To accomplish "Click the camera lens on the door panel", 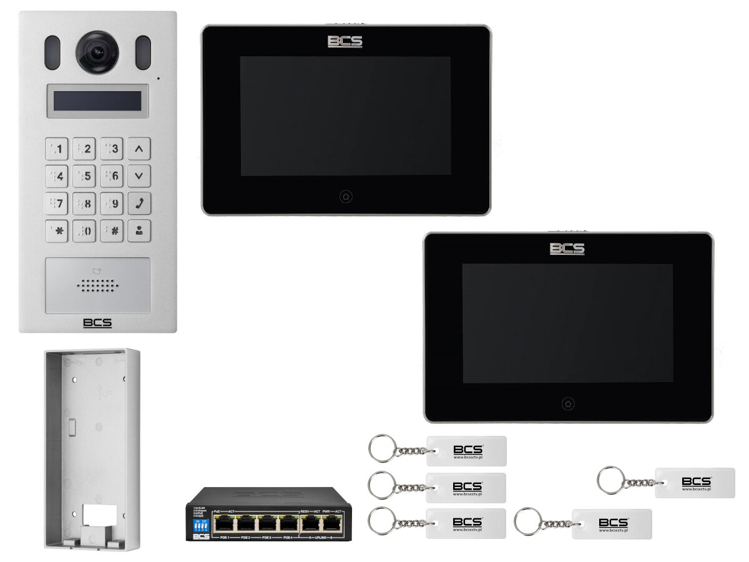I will (97, 52).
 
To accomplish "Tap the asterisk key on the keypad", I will (57, 230).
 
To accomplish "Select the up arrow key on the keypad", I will (139, 149).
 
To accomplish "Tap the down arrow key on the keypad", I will (139, 176).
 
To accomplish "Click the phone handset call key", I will (139, 203).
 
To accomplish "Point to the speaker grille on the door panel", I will (98, 285).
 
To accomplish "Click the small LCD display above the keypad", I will (97, 101).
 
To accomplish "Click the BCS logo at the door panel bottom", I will (97, 323).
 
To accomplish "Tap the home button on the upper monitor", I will (346, 197).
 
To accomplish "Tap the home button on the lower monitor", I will (567, 403).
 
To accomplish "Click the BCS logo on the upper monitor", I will (345, 42).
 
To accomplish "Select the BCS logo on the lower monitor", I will (567, 249).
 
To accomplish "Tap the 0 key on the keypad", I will (84, 230).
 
